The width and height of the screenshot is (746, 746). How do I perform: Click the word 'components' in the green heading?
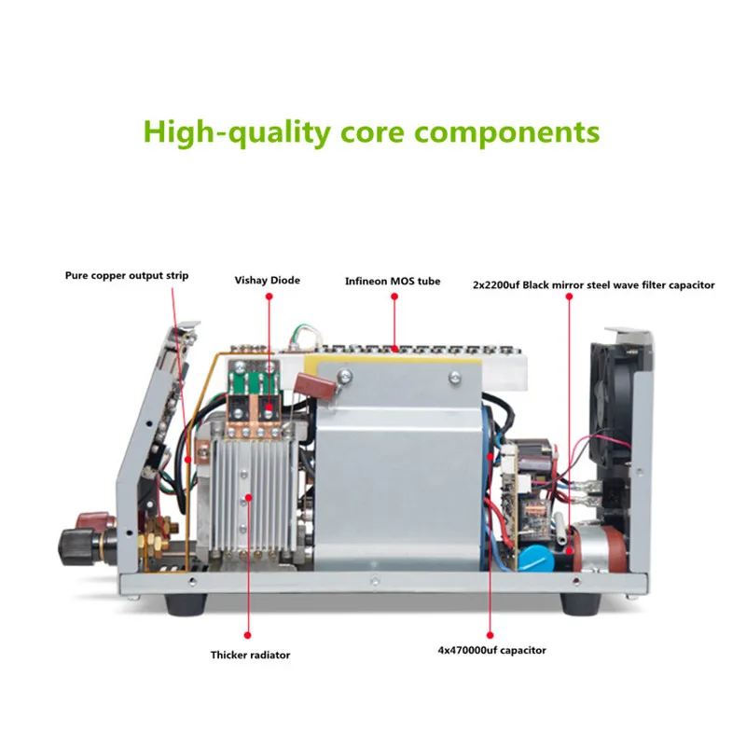506,131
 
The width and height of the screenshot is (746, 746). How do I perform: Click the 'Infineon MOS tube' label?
392,280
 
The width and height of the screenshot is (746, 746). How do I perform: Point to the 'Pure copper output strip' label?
127,275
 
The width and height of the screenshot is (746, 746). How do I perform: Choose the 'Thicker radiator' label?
249,655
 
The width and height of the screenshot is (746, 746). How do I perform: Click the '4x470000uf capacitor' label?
489,650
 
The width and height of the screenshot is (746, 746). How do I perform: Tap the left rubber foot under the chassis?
183,602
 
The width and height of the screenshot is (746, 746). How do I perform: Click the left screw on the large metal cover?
345,376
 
